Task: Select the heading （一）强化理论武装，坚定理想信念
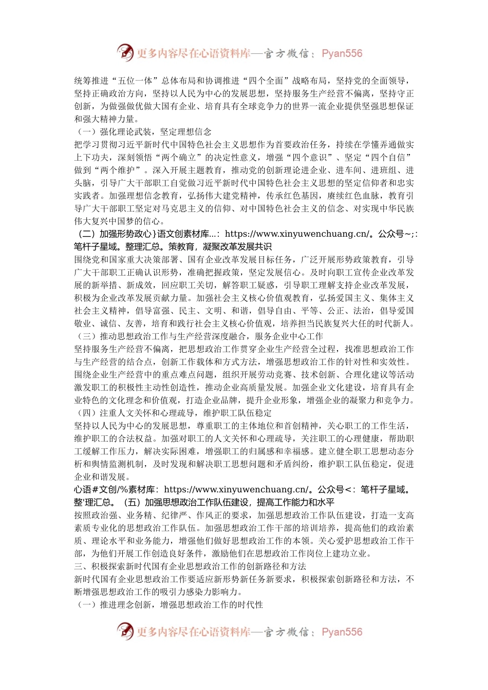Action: pos(143,132)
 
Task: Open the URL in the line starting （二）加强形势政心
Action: pos(297,234)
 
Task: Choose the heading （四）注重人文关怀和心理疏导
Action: pos(174,413)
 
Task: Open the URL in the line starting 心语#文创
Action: pos(236,490)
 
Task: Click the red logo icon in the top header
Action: pos(125,53)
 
